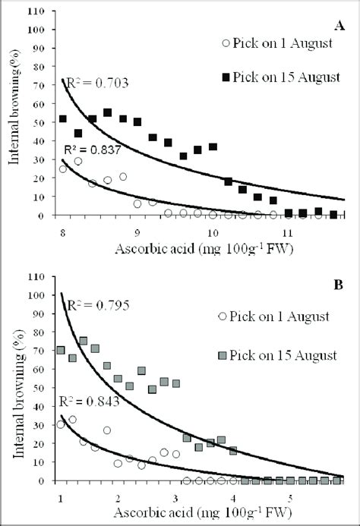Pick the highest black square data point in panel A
point(108,112)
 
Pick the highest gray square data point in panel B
point(83,341)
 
